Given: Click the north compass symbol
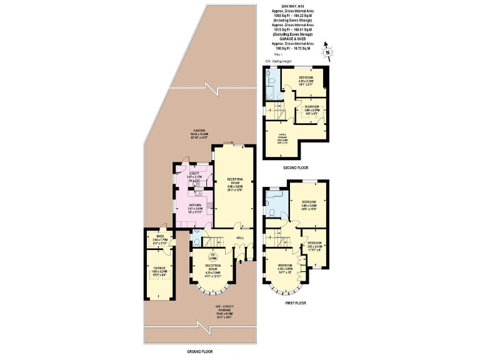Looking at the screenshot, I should click(326, 52).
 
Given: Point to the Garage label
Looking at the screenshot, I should click(159, 271).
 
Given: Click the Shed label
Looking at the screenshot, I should click(159, 241).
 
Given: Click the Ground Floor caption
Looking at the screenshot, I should click(200, 352).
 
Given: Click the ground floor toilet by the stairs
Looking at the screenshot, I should click(197, 241).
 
